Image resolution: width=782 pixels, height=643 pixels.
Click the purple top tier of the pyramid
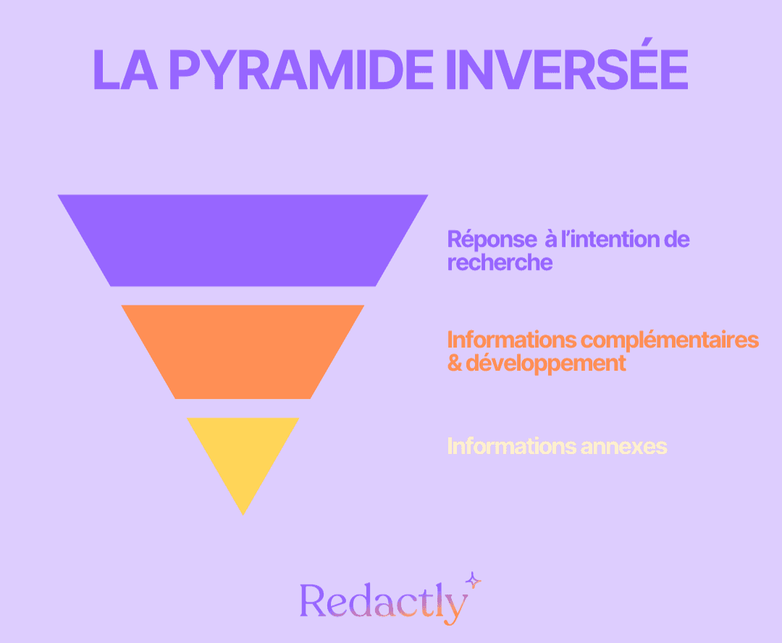[x=243, y=240]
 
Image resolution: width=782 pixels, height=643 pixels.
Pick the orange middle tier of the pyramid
[x=243, y=351]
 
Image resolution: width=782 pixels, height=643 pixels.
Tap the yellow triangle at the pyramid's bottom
[x=243, y=453]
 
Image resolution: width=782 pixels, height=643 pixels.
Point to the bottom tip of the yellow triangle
[x=243, y=513]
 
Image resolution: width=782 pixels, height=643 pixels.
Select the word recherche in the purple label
[x=500, y=262]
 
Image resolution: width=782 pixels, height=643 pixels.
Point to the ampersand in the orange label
[x=455, y=363]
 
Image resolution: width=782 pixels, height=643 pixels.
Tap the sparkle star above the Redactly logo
[x=473, y=579]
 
